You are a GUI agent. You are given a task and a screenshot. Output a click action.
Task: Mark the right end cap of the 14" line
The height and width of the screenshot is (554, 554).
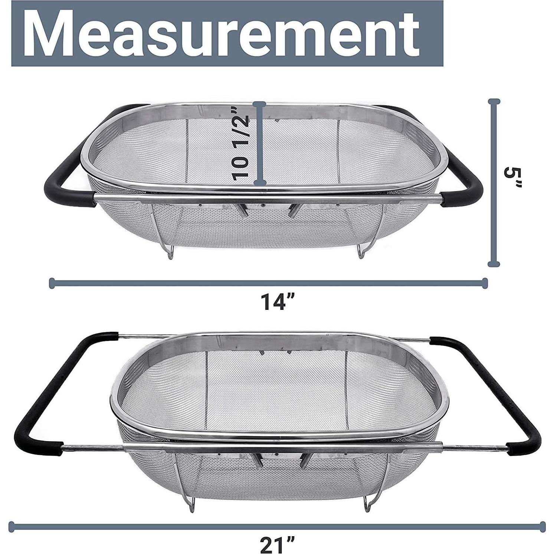pos(484,283)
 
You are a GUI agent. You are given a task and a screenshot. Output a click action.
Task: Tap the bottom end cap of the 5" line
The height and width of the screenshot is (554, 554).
pos(493,264)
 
